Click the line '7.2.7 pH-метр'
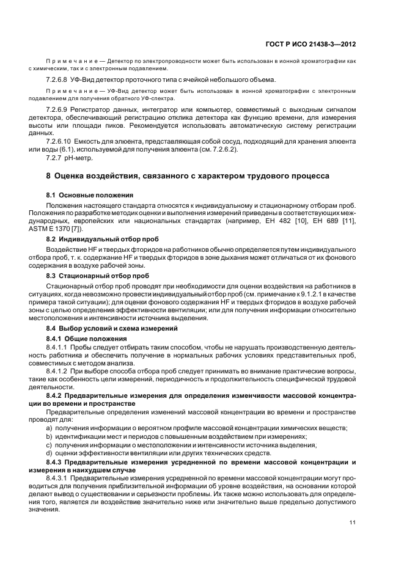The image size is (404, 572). [x=69, y=158]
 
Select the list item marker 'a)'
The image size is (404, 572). [x=50, y=428]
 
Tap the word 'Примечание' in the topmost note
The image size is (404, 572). [x=70, y=61]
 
